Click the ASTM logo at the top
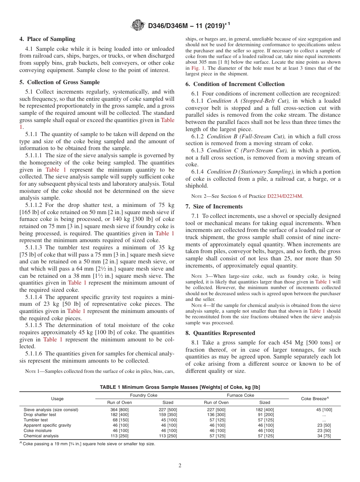(x=138, y=25)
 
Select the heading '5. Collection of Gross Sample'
(x=59, y=82)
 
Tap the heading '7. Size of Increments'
(x=214, y=207)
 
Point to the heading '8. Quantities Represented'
(x=220, y=333)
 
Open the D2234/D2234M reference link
(x=285, y=196)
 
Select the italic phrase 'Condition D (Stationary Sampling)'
(x=250, y=172)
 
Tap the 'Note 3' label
(x=199, y=276)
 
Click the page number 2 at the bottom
(x=180, y=466)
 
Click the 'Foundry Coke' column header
(x=144, y=395)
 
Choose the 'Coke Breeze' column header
(x=315, y=399)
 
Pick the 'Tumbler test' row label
(x=36, y=420)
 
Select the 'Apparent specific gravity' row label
(x=47, y=425)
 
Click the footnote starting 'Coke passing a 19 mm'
(x=88, y=443)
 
